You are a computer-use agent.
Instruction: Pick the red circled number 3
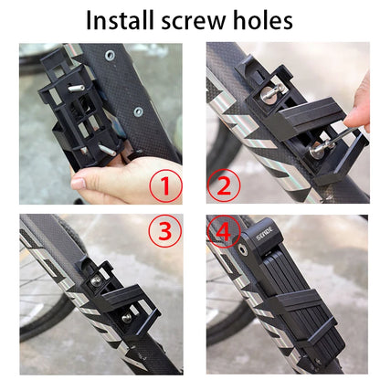coord(165,231)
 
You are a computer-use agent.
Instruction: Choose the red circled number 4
coord(223,231)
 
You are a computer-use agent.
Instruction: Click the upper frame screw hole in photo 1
coord(110,57)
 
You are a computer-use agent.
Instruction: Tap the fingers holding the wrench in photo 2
coord(356,114)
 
